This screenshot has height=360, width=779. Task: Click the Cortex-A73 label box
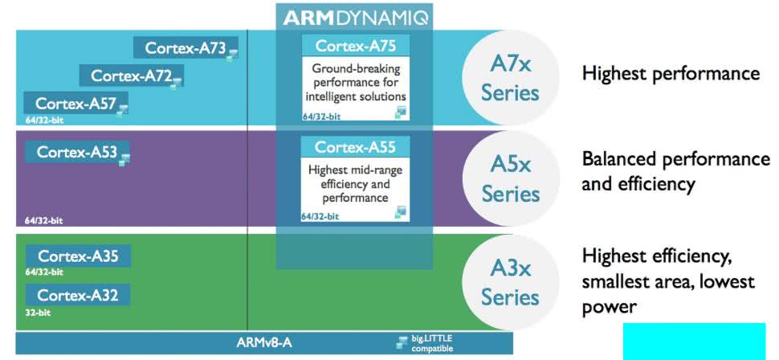point(186,47)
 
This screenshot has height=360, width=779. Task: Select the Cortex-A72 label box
point(131,76)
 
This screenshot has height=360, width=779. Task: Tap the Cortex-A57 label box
point(76,103)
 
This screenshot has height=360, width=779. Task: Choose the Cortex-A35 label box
point(78,256)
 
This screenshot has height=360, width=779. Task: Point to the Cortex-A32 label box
point(78,295)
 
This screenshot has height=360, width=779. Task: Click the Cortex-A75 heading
point(355,45)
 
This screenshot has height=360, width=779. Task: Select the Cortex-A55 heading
point(354,147)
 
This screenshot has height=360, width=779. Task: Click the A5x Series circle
point(510,179)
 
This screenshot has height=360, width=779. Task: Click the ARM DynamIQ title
point(354,16)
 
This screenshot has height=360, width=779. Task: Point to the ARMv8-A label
point(263,343)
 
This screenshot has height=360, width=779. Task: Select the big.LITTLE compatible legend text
point(432,343)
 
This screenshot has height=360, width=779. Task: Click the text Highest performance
point(670,74)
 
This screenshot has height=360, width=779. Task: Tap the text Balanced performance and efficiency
point(675,170)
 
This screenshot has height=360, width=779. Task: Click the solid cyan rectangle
point(695,341)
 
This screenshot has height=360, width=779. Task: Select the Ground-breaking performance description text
point(355,83)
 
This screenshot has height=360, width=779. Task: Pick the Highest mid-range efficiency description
point(355,183)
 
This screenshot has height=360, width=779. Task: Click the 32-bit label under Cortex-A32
point(36,313)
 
